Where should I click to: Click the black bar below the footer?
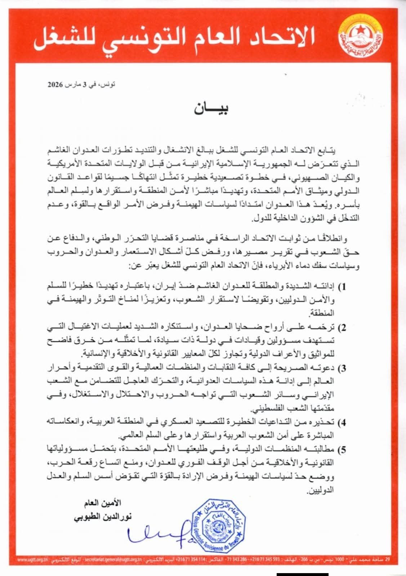tap(302, 573)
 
